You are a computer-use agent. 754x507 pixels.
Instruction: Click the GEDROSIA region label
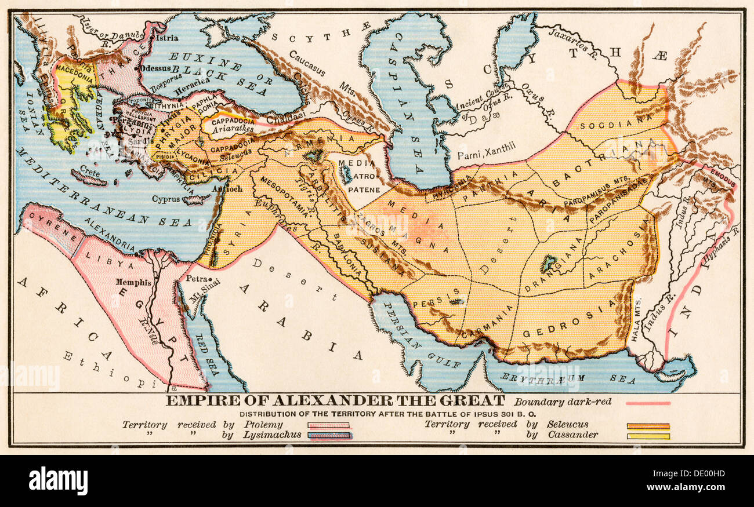[x=568, y=323]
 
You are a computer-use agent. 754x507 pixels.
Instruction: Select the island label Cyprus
[x=166, y=199]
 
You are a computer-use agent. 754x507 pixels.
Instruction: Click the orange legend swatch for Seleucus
[x=648, y=425]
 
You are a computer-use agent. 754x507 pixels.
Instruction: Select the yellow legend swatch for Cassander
[x=648, y=436]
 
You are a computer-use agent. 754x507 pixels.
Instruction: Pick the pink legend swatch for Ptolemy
[x=328, y=425]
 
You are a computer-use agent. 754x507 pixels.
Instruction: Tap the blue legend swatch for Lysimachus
[x=328, y=436]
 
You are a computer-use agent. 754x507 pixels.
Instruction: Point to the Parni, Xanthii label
[x=485, y=155]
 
